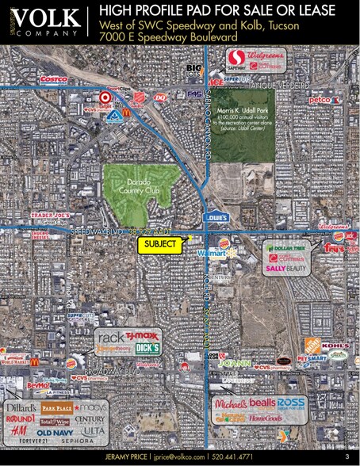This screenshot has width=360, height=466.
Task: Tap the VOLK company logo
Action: point(40,21)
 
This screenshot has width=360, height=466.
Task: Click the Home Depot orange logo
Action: point(312,346)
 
